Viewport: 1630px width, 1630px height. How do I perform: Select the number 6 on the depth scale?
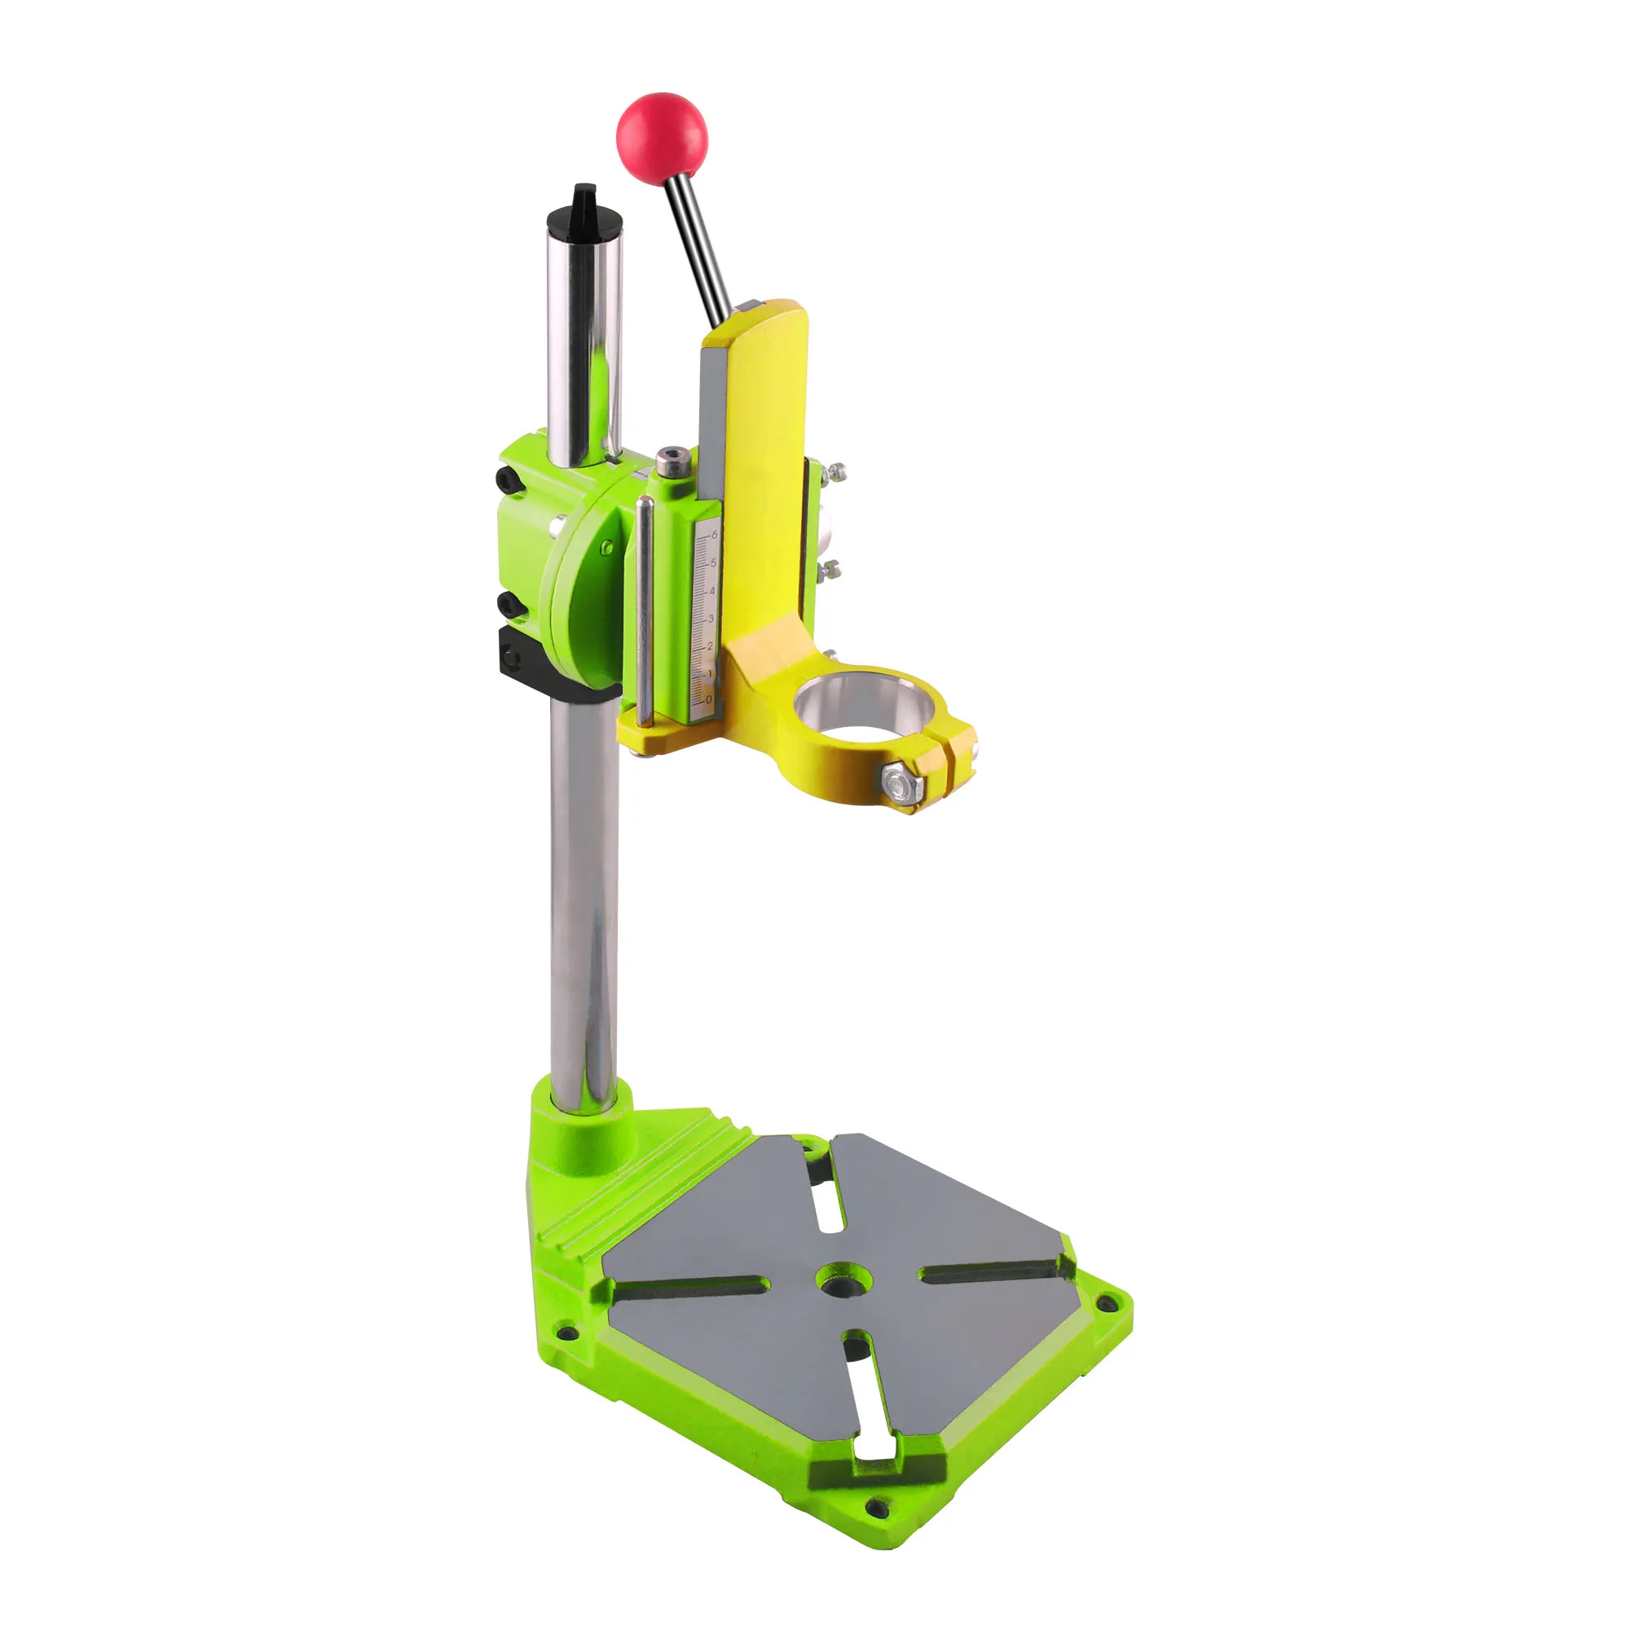[715, 535]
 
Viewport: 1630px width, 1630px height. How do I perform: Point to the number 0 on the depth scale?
[709, 699]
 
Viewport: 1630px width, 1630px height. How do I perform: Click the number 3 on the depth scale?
[711, 619]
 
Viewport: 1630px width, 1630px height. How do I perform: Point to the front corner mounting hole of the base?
[878, 1507]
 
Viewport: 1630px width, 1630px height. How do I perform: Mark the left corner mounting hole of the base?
[569, 1333]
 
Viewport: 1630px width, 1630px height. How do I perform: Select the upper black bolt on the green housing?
[506, 482]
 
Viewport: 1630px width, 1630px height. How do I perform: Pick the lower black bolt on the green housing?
[509, 604]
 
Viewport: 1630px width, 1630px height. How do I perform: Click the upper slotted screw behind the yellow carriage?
[835, 474]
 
